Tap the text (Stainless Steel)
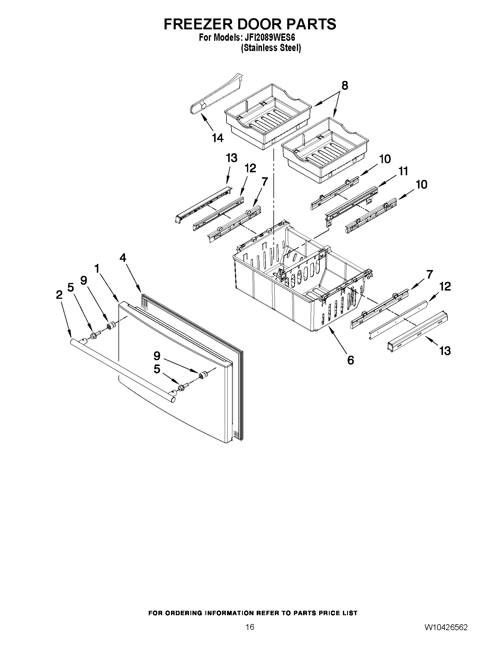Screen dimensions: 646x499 tap(271, 48)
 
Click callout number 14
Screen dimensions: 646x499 tap(218, 138)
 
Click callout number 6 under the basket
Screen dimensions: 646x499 tap(350, 360)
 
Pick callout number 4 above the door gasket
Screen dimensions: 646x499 tap(123, 258)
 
